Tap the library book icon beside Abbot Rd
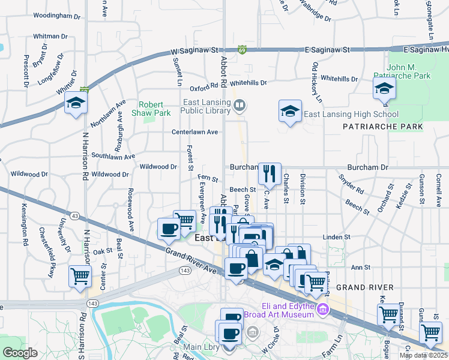(x=239, y=107)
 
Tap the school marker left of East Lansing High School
(x=290, y=111)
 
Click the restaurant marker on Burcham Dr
(x=270, y=174)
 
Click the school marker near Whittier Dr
(x=77, y=104)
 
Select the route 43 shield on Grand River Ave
(x=74, y=215)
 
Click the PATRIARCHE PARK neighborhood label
(x=382, y=127)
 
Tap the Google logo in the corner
(x=20, y=353)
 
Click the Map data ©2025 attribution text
(x=423, y=355)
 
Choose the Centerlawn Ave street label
(x=194, y=132)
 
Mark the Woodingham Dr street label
(x=56, y=16)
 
